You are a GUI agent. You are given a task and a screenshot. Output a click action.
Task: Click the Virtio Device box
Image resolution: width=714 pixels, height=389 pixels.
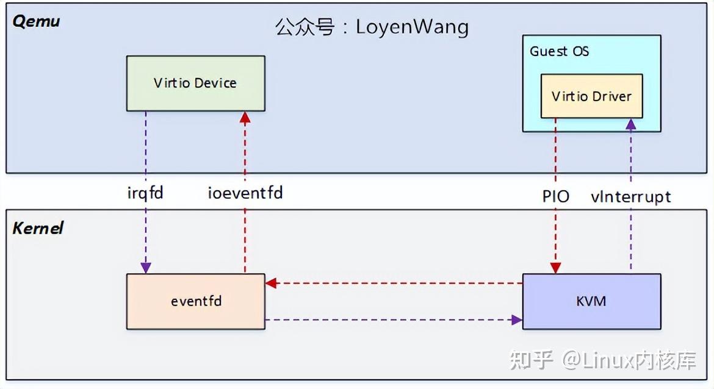click(x=195, y=84)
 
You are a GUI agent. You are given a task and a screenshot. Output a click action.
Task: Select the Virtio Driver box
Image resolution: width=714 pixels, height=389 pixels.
click(x=591, y=96)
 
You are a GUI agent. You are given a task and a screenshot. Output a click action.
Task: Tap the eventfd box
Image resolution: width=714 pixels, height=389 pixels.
click(x=195, y=301)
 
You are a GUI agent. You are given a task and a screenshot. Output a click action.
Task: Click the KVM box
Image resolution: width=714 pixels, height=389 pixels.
click(x=591, y=301)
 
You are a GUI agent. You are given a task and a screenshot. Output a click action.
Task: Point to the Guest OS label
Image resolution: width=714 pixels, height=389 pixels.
click(x=559, y=51)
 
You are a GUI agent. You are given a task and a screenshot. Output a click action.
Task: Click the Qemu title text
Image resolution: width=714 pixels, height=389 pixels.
click(x=37, y=21)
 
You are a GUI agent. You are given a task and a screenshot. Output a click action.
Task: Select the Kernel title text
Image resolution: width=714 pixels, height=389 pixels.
click(x=38, y=229)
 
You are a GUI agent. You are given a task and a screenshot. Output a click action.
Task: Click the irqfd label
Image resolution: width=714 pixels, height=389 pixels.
click(x=145, y=194)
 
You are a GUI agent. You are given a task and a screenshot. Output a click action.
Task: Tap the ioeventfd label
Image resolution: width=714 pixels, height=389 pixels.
click(x=245, y=194)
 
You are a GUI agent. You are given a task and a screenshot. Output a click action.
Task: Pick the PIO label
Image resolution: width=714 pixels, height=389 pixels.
click(x=555, y=196)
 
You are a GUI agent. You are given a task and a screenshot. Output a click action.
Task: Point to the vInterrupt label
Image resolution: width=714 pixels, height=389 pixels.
click(x=631, y=196)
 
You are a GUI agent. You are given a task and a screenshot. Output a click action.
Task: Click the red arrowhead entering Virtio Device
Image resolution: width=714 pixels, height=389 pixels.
click(x=245, y=118)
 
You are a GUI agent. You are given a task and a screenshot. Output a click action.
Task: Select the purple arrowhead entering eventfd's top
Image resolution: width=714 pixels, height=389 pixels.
click(x=145, y=268)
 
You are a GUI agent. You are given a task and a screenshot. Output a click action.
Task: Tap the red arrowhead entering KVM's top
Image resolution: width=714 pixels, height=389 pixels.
click(x=555, y=268)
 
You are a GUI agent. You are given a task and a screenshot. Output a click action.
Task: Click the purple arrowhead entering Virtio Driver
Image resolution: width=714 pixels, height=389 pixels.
click(x=631, y=124)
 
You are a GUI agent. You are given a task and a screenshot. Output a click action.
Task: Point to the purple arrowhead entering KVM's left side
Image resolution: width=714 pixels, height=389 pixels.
click(x=517, y=319)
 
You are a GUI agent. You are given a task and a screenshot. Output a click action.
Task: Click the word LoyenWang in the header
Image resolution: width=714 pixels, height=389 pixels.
click(x=413, y=27)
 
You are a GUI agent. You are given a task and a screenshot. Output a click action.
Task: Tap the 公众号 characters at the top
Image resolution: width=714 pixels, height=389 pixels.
click(x=305, y=27)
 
